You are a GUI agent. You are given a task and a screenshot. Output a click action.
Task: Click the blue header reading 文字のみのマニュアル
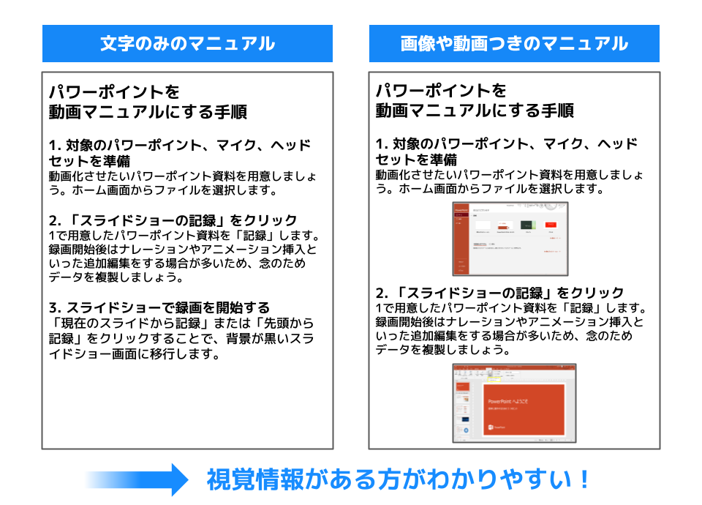click(187, 43)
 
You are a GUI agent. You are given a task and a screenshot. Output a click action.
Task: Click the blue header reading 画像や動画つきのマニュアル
click(514, 43)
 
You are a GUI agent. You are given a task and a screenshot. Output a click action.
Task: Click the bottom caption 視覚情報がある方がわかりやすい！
click(399, 480)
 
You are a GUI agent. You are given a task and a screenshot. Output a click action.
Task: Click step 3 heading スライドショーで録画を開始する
click(159, 307)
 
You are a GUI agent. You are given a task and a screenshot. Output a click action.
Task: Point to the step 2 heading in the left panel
click(173, 220)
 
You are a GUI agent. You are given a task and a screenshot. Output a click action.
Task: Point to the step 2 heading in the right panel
click(500, 293)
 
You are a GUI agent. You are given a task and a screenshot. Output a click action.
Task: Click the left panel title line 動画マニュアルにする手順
click(148, 112)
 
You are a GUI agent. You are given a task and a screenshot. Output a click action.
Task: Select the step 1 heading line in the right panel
click(507, 143)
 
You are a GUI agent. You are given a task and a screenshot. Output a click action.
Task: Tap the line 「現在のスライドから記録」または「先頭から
click(181, 322)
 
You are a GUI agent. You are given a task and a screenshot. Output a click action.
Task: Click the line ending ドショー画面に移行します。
click(135, 354)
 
